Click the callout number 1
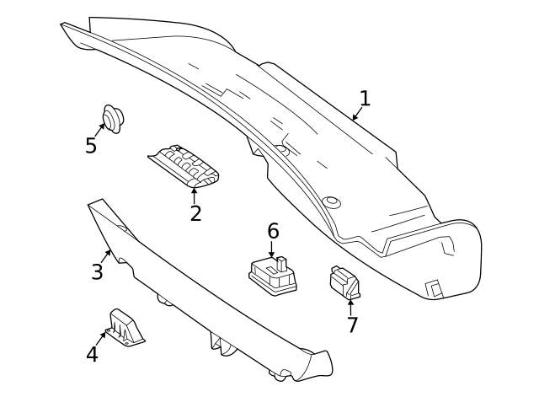[364, 99]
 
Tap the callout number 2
[195, 213]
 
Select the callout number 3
[98, 271]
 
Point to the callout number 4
[92, 354]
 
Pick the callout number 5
[91, 146]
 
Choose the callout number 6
[273, 231]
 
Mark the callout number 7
[352, 325]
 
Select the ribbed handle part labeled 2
[184, 164]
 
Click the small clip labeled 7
[344, 282]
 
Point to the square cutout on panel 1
[434, 288]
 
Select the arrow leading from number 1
[357, 112]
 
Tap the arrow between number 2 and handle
[195, 195]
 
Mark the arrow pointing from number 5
[100, 129]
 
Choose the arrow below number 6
[272, 249]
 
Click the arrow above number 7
[351, 306]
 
